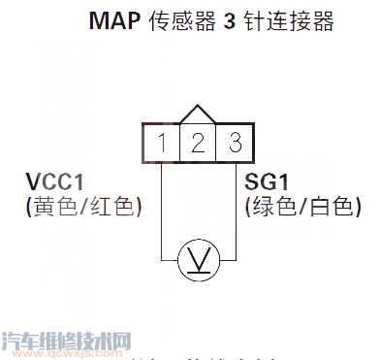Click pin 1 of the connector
click(x=163, y=144)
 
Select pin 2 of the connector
click(x=198, y=144)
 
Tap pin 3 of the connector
click(x=234, y=144)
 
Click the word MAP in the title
click(x=111, y=21)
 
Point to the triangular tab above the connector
click(x=198, y=115)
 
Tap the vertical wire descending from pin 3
click(x=234, y=209)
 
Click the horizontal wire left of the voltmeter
click(x=171, y=259)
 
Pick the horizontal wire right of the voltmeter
click(x=226, y=259)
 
